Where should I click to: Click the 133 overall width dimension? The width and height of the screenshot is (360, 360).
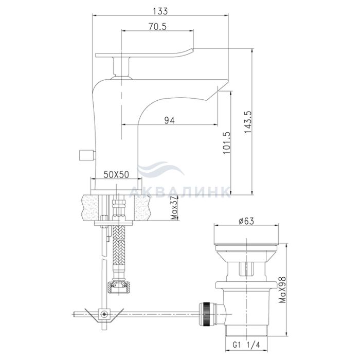coord(160,11)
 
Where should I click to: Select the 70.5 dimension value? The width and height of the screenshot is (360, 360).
coord(157,27)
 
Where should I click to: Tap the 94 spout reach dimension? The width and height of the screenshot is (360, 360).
coord(169,120)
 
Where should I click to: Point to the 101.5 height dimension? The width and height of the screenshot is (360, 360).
coord(226,142)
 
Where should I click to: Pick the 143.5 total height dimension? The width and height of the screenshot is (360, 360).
coord(248,122)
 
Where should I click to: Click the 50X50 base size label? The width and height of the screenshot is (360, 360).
coord(116,175)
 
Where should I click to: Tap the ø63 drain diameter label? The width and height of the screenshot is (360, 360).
coord(246,221)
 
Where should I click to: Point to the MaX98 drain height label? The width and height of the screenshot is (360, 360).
coord(283,290)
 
